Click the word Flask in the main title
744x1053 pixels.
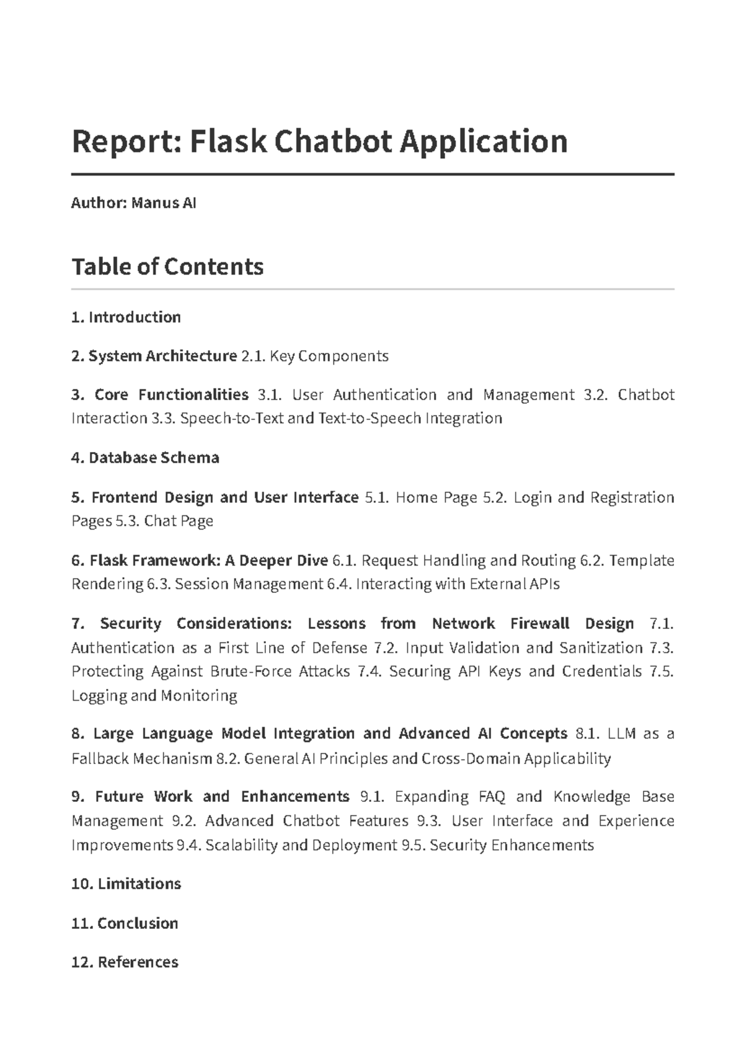coord(228,141)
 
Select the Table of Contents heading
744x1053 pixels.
coord(167,267)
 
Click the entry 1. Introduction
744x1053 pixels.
coord(126,318)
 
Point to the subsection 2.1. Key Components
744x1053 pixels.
coord(315,356)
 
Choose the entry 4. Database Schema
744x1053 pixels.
coord(145,458)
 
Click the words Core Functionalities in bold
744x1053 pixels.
coord(171,395)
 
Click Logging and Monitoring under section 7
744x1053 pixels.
coord(154,696)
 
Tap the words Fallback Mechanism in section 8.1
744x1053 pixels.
coord(142,759)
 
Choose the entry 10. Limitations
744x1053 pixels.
coord(126,884)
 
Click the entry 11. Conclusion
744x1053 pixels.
coord(125,923)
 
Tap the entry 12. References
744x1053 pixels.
coord(125,962)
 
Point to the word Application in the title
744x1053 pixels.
coord(483,141)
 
